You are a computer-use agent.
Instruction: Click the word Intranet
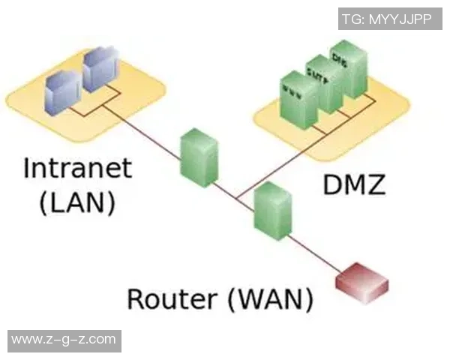77,168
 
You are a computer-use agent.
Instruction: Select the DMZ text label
353,183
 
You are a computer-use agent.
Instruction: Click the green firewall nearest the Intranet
199,157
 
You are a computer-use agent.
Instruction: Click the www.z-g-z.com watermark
63,340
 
